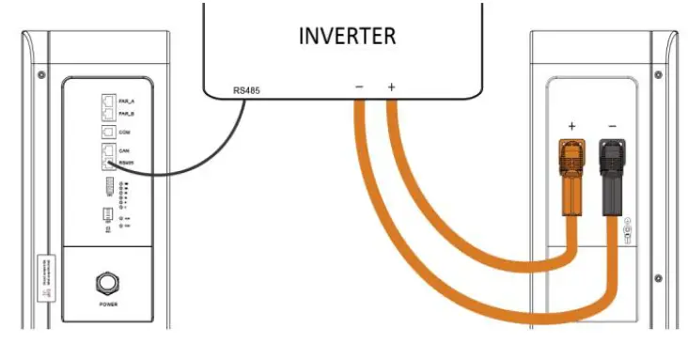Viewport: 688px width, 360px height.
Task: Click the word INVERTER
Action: pyautogui.click(x=347, y=37)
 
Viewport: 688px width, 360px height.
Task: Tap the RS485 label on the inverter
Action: pyautogui.click(x=248, y=91)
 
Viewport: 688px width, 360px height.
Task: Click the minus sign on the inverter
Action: pyautogui.click(x=359, y=88)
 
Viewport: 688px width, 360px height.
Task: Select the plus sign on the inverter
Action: pyautogui.click(x=392, y=88)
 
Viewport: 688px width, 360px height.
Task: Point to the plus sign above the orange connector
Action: pyautogui.click(x=570, y=125)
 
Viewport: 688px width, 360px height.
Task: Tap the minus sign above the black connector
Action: pyautogui.click(x=612, y=125)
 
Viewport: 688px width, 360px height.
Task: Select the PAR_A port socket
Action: pyautogui.click(x=106, y=97)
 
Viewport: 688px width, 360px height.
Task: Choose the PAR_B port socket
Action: pyautogui.click(x=106, y=113)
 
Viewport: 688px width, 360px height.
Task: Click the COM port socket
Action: pyautogui.click(x=106, y=133)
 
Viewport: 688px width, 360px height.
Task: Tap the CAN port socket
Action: pyautogui.click(x=106, y=150)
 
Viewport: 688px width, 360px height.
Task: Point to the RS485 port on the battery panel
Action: pyautogui.click(x=106, y=164)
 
